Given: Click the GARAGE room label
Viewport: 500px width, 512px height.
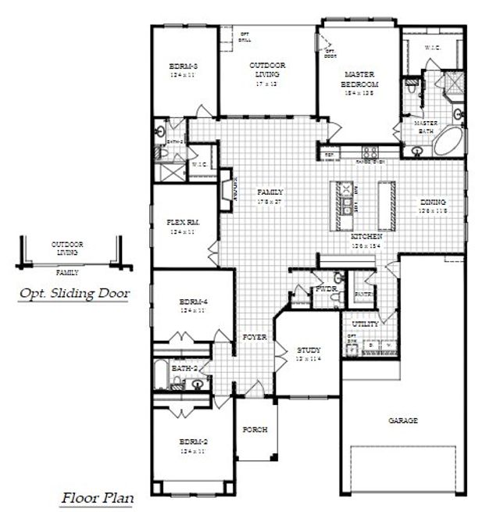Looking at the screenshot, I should coord(403,421).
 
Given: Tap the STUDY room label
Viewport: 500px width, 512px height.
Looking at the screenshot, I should coord(309,350).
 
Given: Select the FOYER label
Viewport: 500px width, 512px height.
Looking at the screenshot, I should coord(255,337).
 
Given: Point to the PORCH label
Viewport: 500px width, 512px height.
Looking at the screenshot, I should coord(255,429).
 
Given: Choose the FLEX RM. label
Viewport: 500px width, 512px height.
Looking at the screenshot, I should coord(184,223).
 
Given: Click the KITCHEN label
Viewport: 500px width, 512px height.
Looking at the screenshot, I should coord(366,236).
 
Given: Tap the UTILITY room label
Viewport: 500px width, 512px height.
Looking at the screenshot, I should coord(366,323).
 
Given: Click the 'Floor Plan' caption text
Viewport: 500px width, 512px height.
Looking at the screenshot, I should coord(97,497).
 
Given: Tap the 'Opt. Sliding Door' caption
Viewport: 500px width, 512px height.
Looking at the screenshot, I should coord(74,294).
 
